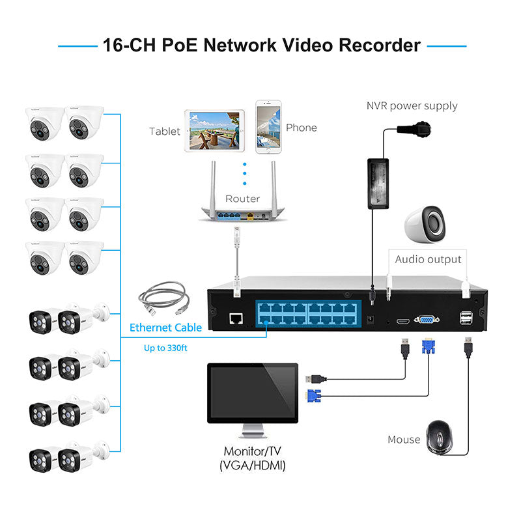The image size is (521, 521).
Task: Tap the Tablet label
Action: click(x=164, y=131)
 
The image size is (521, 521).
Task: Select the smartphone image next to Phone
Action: click(x=268, y=127)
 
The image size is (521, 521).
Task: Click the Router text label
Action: click(x=242, y=199)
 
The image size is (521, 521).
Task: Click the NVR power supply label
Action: click(x=412, y=106)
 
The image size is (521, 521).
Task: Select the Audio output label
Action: click(x=428, y=259)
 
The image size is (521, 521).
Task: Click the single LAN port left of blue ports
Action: click(x=236, y=319)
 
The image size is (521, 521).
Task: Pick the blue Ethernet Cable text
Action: click(x=165, y=328)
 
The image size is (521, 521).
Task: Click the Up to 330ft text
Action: click(x=165, y=348)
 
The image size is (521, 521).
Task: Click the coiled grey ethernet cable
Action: click(x=163, y=300)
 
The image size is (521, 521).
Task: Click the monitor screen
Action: click(x=252, y=393)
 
